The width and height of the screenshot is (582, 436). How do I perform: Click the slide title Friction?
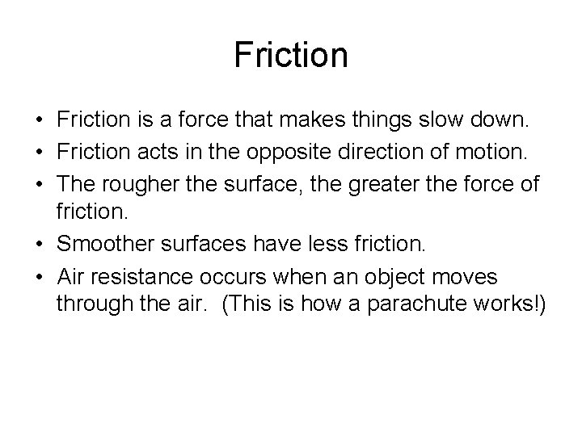291,56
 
